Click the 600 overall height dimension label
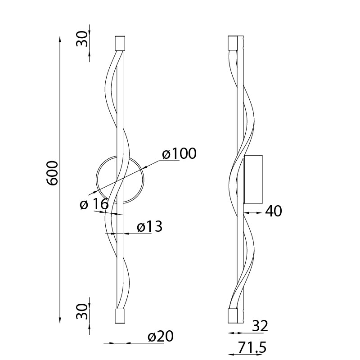(x=52, y=173)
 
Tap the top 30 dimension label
(x=82, y=39)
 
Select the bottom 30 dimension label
(x=82, y=311)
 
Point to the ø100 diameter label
(x=179, y=153)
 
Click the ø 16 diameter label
(x=94, y=204)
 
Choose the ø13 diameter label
(x=150, y=226)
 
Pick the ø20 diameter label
(x=161, y=336)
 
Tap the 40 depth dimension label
(x=274, y=211)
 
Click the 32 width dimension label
(x=260, y=326)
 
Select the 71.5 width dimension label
(x=252, y=347)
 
